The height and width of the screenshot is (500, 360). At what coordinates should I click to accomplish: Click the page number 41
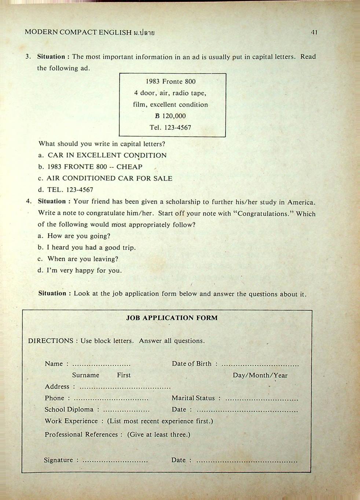pyautogui.click(x=314, y=32)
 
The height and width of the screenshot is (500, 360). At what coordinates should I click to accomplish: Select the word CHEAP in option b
pyautogui.click(x=129, y=167)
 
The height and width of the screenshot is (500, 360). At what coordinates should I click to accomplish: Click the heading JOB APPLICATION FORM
pyautogui.click(x=172, y=318)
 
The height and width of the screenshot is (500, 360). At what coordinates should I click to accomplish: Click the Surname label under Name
pyautogui.click(x=85, y=375)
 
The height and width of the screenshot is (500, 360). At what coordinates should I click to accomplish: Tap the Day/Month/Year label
pyautogui.click(x=260, y=375)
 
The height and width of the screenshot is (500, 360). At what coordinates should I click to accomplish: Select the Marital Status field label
pyautogui.click(x=193, y=398)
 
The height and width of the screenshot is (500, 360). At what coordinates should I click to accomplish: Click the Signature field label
pyautogui.click(x=58, y=460)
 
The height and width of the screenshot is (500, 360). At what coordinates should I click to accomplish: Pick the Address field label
pyautogui.click(x=57, y=386)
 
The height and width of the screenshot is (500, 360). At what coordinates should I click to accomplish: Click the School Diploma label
pyautogui.click(x=69, y=410)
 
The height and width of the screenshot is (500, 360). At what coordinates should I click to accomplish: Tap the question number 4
pyautogui.click(x=29, y=201)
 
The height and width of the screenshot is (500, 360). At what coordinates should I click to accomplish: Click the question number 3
pyautogui.click(x=28, y=57)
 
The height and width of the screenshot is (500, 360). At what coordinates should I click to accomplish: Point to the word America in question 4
pyautogui.click(x=301, y=202)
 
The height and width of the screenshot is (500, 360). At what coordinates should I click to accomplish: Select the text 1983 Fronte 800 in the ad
pyautogui.click(x=171, y=81)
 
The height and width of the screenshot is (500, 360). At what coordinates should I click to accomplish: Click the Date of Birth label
pyautogui.click(x=192, y=364)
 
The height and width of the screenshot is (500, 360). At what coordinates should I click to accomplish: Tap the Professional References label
pyautogui.click(x=81, y=434)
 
